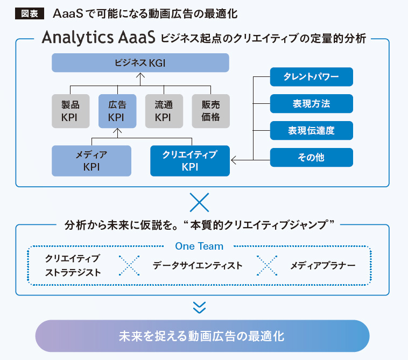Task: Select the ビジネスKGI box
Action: (140, 63)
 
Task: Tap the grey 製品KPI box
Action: (71, 111)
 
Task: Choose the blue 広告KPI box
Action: (117, 111)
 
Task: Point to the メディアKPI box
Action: (92, 161)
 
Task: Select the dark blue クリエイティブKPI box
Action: (189, 161)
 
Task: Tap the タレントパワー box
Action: (312, 77)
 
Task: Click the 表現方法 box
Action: (312, 104)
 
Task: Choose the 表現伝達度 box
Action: (312, 130)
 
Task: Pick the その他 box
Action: (312, 157)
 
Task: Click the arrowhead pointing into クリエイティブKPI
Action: (234, 159)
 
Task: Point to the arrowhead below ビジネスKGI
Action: (140, 76)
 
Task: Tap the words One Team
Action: (199, 246)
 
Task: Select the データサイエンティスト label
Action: (197, 265)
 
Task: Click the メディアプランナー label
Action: (322, 265)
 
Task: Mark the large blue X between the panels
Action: (200, 203)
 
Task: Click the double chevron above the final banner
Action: (200, 307)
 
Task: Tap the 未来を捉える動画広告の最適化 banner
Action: (202, 336)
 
